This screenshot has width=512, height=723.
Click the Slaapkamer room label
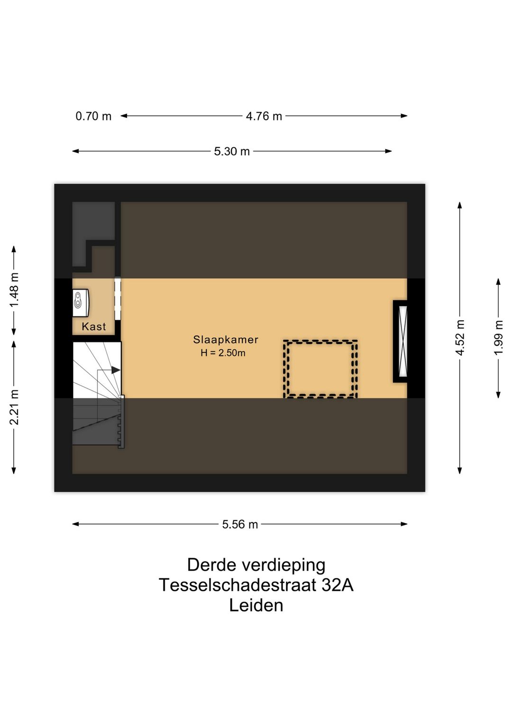pyautogui.click(x=225, y=340)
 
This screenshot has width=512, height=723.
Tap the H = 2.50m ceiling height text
pyautogui.click(x=223, y=353)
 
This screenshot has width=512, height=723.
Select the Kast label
pyautogui.click(x=93, y=326)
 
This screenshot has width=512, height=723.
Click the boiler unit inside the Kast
pyautogui.click(x=80, y=302)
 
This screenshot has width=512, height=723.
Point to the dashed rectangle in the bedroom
pyautogui.click(x=320, y=369)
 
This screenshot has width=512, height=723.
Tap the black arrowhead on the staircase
pyautogui.click(x=116, y=370)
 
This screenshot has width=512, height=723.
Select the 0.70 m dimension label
pyautogui.click(x=93, y=116)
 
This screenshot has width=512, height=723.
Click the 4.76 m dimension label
pyautogui.click(x=264, y=116)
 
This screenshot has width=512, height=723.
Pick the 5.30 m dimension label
pyautogui.click(x=232, y=152)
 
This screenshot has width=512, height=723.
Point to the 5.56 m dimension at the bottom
pyautogui.click(x=240, y=524)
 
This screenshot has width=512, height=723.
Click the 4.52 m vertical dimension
pyautogui.click(x=460, y=337)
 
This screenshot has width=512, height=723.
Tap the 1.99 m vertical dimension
pyautogui.click(x=498, y=337)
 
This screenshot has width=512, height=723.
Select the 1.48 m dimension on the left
pyautogui.click(x=14, y=290)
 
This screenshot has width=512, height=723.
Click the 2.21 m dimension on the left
pyautogui.click(x=14, y=407)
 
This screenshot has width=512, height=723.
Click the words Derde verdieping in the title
pyautogui.click(x=256, y=565)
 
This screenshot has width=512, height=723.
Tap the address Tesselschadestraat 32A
pyautogui.click(x=256, y=585)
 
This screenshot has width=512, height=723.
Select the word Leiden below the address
pyautogui.click(x=256, y=606)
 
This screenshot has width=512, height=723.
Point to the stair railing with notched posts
pyautogui.click(x=121, y=422)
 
